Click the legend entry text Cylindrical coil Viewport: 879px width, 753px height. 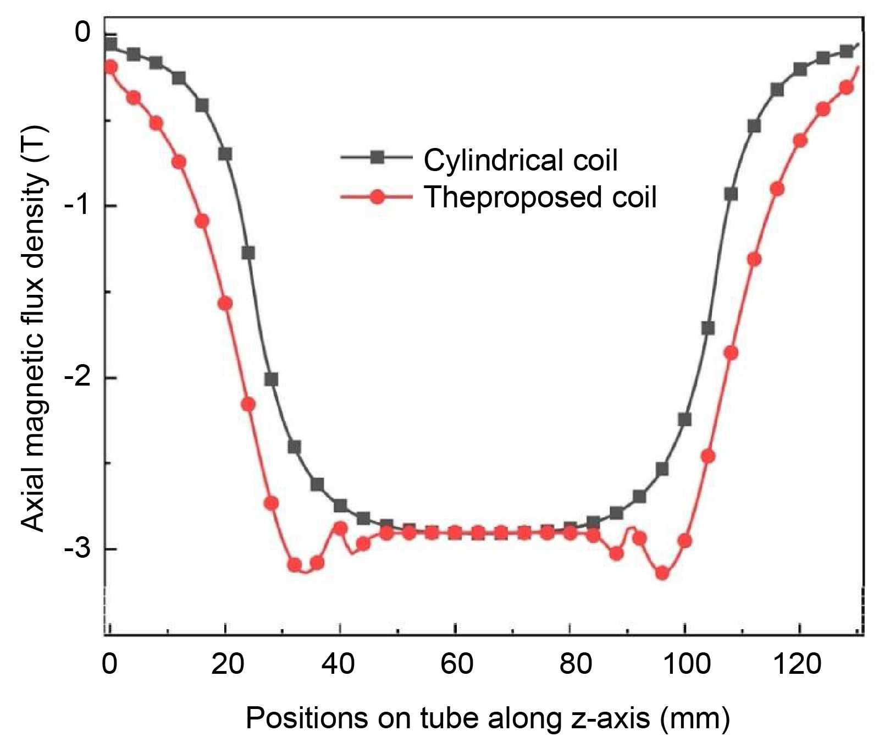(x=520, y=160)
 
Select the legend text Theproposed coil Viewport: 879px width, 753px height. (x=540, y=196)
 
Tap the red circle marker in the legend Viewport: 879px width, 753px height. (x=377, y=196)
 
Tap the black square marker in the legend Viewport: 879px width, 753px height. (x=377, y=158)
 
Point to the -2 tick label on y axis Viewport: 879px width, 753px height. (x=78, y=378)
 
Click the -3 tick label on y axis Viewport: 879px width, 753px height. (x=78, y=549)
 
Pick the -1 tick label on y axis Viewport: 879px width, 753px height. (x=78, y=206)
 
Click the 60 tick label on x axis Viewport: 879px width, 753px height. (x=456, y=664)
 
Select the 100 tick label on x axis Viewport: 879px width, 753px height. (x=686, y=664)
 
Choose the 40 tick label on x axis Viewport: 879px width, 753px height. (x=338, y=664)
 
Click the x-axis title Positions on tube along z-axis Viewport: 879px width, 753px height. (x=487, y=718)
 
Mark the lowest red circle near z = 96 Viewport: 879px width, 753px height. (x=662, y=573)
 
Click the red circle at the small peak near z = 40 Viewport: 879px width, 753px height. (x=340, y=529)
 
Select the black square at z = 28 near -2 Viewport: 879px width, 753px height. (x=271, y=380)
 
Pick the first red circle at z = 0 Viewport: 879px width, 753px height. (x=110, y=67)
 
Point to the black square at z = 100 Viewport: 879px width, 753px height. (x=685, y=420)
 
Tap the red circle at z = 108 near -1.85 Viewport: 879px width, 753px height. (x=731, y=353)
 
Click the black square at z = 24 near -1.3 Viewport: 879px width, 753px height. (x=248, y=253)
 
